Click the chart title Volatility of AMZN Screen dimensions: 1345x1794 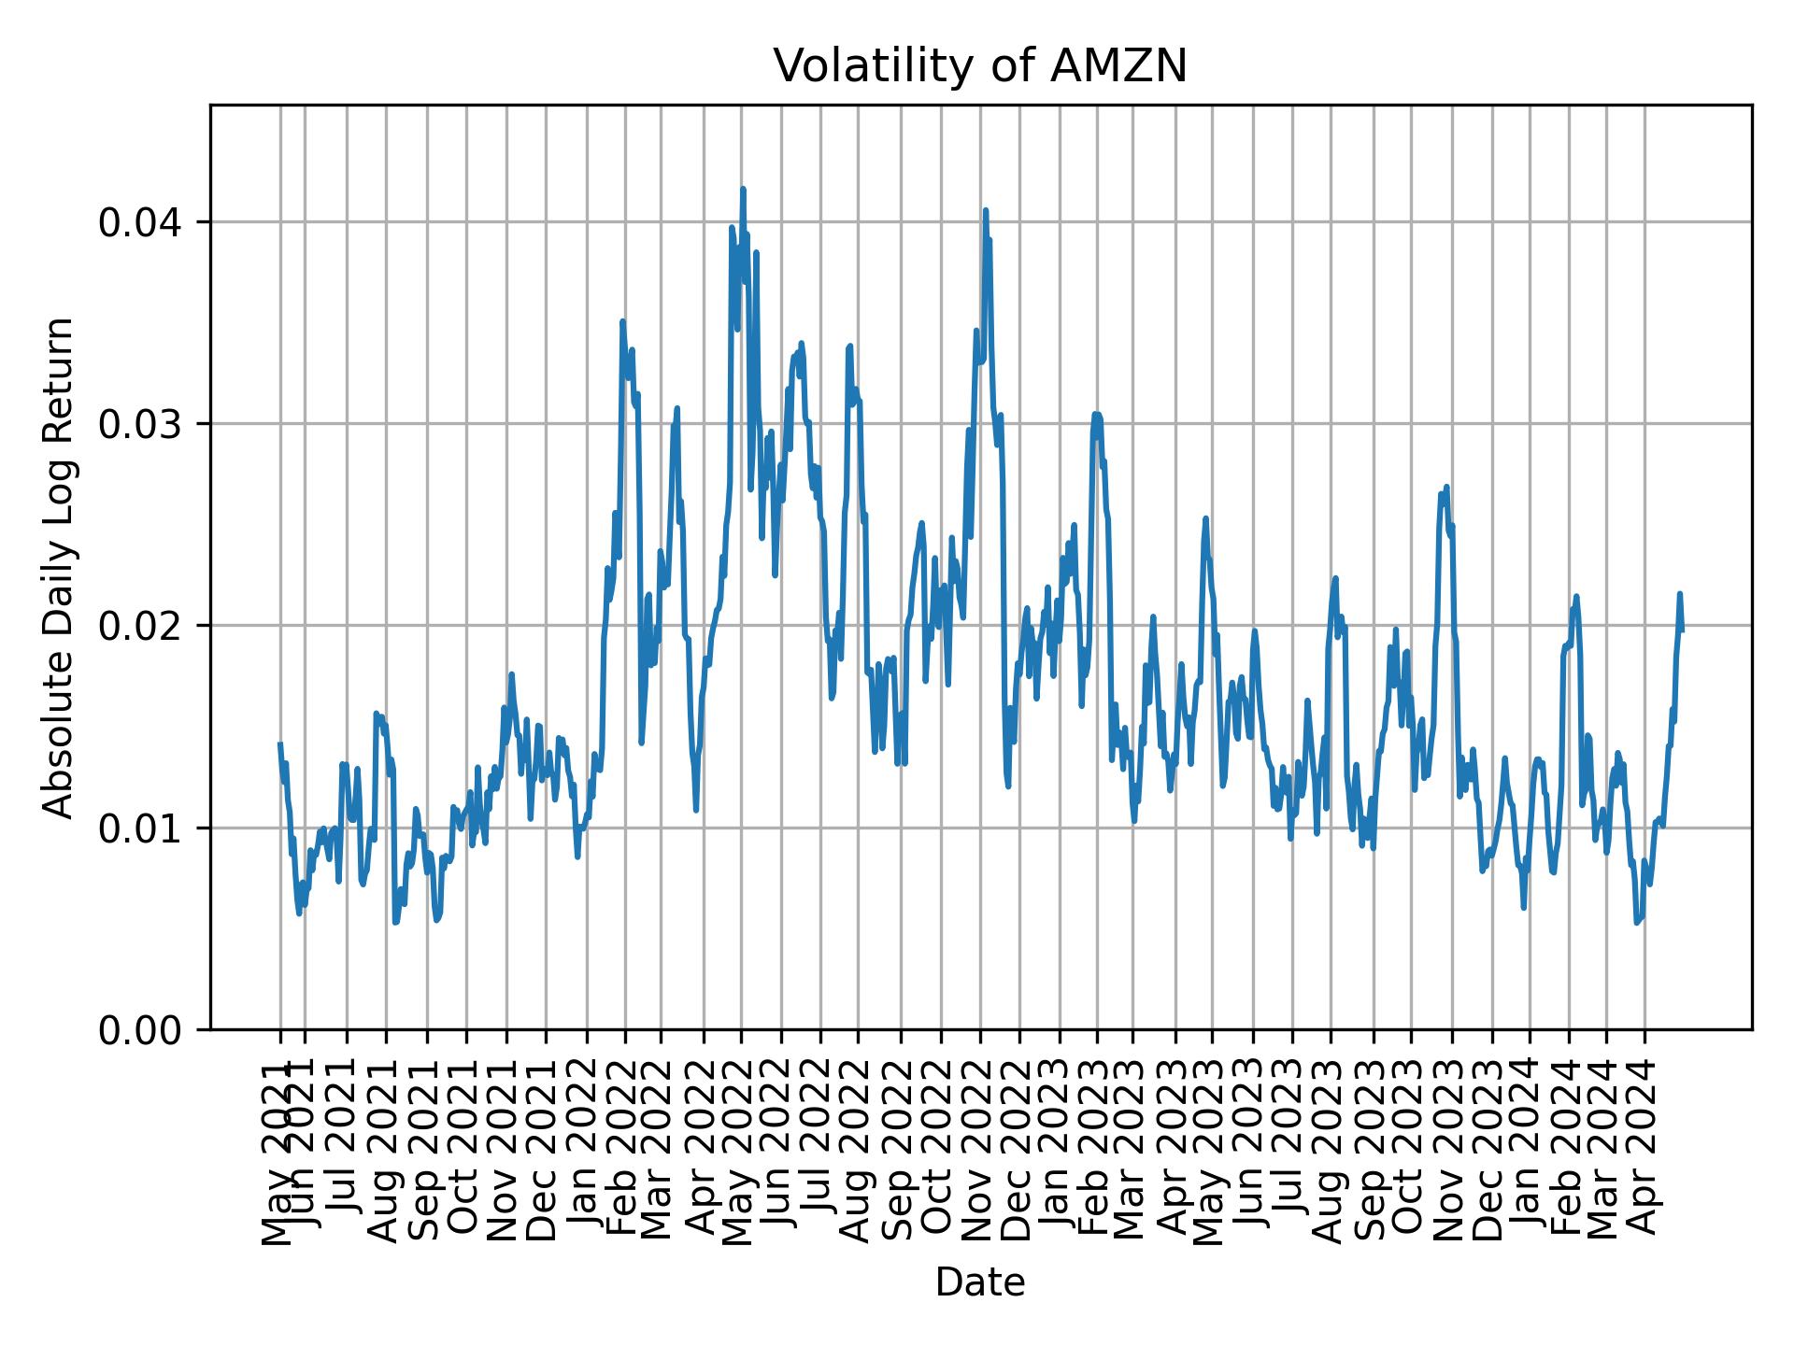pos(980,66)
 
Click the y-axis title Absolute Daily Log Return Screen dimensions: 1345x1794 pos(60,568)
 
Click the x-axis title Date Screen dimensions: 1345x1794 pos(980,1282)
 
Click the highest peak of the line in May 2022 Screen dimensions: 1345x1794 pos(743,189)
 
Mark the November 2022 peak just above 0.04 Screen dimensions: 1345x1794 pos(985,210)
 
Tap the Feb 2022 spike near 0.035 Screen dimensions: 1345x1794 pos(622,321)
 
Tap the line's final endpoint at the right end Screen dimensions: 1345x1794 pos(1682,630)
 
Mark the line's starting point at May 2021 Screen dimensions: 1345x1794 pos(279,744)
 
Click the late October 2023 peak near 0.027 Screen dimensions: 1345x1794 pos(1446,487)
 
